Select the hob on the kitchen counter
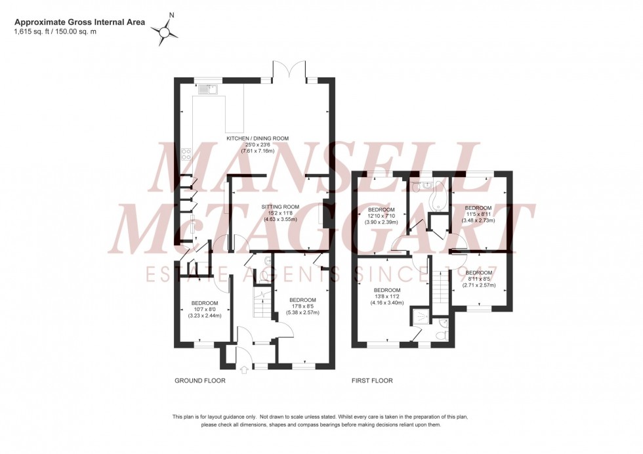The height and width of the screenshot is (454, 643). pyautogui.click(x=186, y=155)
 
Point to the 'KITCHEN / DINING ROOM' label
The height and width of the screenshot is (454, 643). pyautogui.click(x=257, y=139)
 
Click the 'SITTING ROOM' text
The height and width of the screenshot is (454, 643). pyautogui.click(x=280, y=207)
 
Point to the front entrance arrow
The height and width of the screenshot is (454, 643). pyautogui.click(x=245, y=370)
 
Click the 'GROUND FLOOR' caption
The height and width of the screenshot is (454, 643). pyautogui.click(x=200, y=381)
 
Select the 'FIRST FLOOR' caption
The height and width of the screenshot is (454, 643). pyautogui.click(x=372, y=381)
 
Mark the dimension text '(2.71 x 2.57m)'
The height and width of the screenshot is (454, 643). pyautogui.click(x=478, y=286)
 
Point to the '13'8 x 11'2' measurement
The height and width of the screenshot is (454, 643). pyautogui.click(x=386, y=297)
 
